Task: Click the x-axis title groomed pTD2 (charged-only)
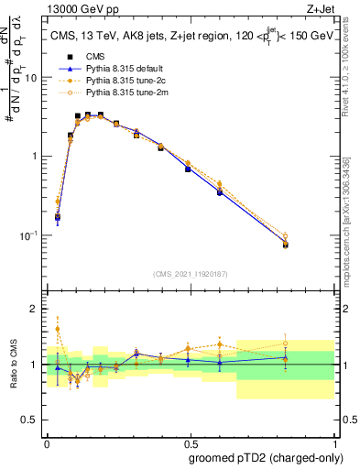[266, 457]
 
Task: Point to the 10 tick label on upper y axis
[30, 78]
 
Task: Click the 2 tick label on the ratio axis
[34, 309]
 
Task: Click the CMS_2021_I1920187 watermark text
[190, 273]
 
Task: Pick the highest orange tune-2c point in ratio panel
[58, 329]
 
